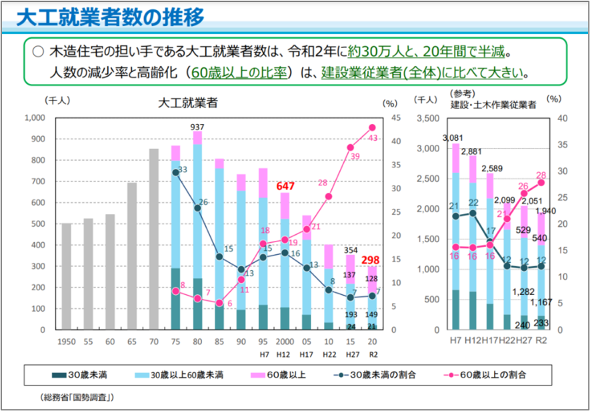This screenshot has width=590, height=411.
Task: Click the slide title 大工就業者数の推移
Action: pyautogui.click(x=110, y=17)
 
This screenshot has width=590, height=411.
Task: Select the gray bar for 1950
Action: pyautogui.click(x=67, y=276)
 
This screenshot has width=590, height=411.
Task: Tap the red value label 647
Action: pyautogui.click(x=285, y=186)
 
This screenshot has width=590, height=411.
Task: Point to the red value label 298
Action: pyautogui.click(x=371, y=260)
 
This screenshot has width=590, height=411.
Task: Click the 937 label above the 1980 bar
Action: pyautogui.click(x=197, y=127)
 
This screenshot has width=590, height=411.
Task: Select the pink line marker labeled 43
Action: pyautogui.click(x=372, y=127)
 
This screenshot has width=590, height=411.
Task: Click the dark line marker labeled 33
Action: pyautogui.click(x=176, y=172)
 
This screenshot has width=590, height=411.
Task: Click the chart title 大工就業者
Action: pyautogui.click(x=182, y=103)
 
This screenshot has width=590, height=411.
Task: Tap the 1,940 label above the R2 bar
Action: pyautogui.click(x=545, y=212)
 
